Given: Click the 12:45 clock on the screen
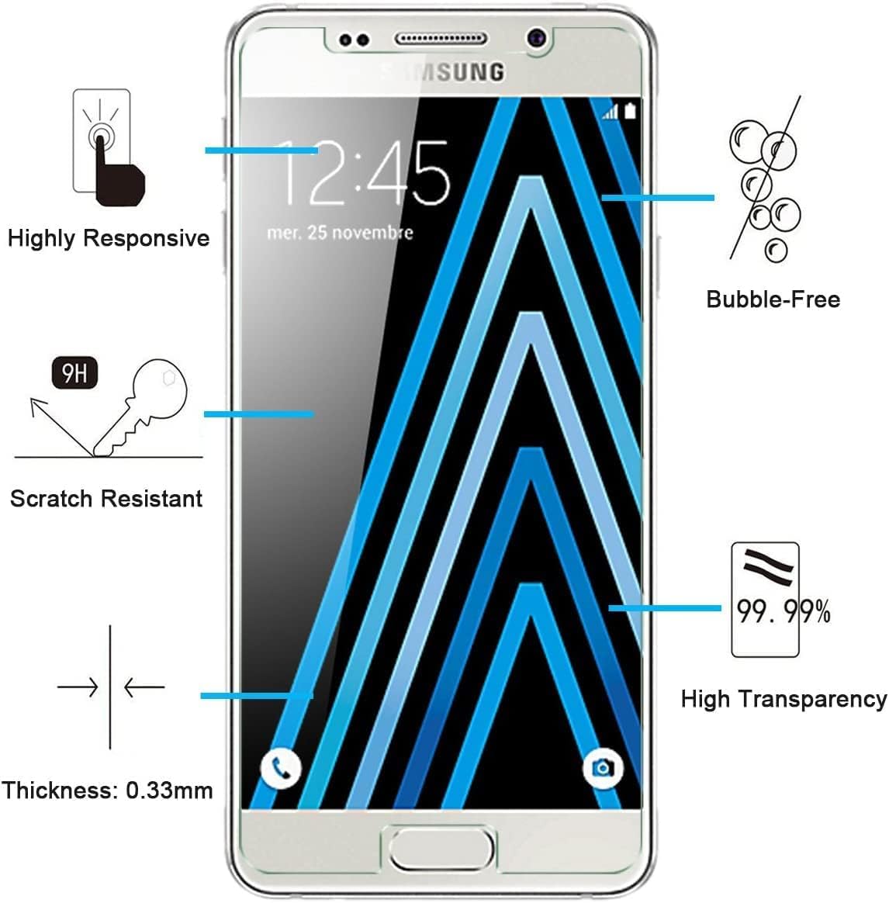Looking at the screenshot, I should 363,174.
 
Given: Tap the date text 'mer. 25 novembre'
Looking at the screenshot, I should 340,232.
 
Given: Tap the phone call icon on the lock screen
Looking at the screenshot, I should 280,768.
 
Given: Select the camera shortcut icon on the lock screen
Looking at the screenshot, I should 603,768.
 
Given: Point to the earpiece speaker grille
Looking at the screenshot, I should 441,39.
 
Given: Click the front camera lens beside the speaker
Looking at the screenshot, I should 537,38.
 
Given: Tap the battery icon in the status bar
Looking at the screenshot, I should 630,112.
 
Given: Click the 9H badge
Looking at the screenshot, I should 74,375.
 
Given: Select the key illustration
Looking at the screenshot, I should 144,407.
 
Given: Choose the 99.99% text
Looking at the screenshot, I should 783,612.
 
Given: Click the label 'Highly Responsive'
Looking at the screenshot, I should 109,237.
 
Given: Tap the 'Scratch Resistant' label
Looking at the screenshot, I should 106,498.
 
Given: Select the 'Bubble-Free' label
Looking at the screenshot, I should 773,299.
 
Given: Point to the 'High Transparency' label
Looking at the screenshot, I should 783,699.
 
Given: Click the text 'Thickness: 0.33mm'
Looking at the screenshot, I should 107,791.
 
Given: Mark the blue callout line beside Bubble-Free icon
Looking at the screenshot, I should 658,198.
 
